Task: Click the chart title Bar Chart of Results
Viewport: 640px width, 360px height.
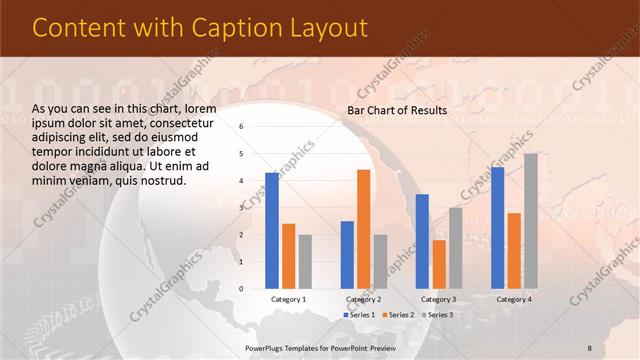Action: click(x=397, y=110)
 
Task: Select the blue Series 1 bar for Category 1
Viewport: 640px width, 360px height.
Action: click(x=272, y=230)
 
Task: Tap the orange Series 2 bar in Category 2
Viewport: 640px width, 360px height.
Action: click(x=363, y=229)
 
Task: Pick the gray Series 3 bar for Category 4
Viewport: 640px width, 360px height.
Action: click(x=531, y=221)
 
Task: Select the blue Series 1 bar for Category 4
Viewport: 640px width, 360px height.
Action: click(x=498, y=228)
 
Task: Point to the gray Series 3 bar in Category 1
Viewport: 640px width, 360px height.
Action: click(x=305, y=261)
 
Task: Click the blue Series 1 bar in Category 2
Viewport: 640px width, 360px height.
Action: click(x=347, y=254)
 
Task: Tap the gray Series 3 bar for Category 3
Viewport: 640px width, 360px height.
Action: click(x=455, y=248)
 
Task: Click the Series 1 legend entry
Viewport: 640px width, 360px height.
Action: click(x=359, y=315)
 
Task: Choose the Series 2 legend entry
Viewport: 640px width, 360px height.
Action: click(x=397, y=315)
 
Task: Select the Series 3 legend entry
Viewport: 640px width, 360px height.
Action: click(x=435, y=315)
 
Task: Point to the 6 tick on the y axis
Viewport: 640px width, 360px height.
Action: click(x=241, y=127)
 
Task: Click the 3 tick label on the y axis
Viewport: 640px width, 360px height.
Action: click(x=241, y=208)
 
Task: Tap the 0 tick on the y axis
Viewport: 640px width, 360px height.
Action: click(x=241, y=289)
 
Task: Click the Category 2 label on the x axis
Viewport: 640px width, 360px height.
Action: click(x=363, y=299)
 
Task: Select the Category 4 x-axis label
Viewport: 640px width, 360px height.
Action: click(x=514, y=299)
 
